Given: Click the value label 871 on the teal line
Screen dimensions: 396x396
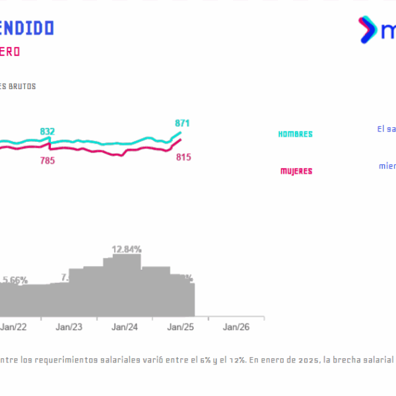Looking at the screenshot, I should coord(183,123).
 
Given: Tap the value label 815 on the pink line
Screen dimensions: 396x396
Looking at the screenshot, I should coord(183,157).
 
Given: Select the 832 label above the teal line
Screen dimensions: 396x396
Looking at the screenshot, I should coord(48,131).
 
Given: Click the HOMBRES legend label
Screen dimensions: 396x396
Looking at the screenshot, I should coord(295,134).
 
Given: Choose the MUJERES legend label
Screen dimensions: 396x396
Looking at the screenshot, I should coord(296,171).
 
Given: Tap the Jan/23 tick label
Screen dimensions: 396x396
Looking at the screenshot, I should coord(69,327).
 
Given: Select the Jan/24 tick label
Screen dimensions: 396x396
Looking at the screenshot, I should coord(124,327).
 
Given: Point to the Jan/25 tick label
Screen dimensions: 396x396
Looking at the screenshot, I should coord(180,327).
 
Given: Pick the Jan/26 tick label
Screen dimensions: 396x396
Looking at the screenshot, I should coord(236,327).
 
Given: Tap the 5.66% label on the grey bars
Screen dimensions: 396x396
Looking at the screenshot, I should coord(15,280).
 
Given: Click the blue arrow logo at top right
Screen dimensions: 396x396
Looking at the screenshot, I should coord(365,30).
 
